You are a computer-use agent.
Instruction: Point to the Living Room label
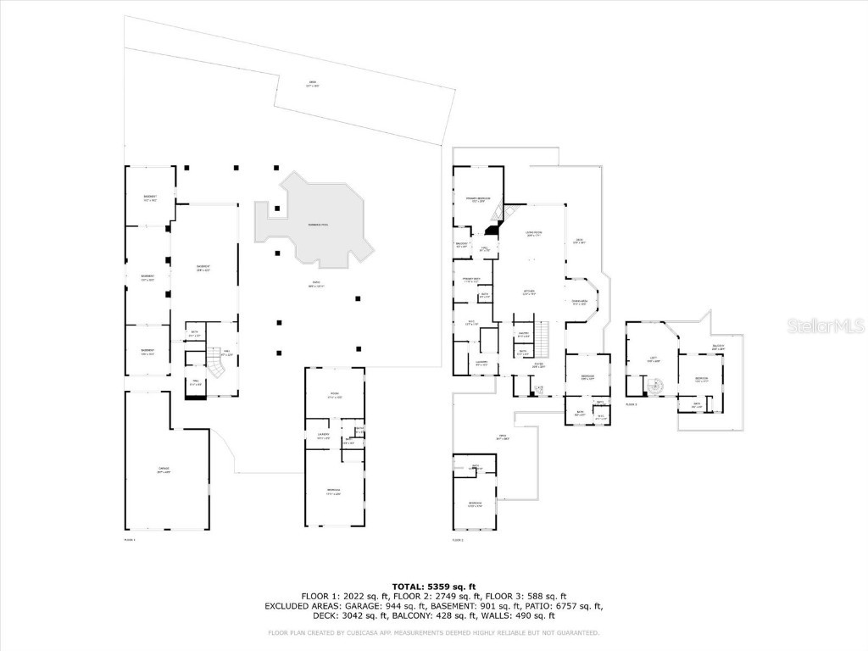(534, 233)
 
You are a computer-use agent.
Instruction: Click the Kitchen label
(529, 292)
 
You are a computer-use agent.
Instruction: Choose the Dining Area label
(580, 302)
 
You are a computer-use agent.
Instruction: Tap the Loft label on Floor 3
(654, 359)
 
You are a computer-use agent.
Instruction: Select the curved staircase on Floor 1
(220, 365)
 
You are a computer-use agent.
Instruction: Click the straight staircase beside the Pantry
(548, 338)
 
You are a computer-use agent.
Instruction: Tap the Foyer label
(537, 366)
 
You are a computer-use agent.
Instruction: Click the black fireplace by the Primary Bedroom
(492, 229)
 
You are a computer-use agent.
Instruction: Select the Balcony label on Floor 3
(718, 346)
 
